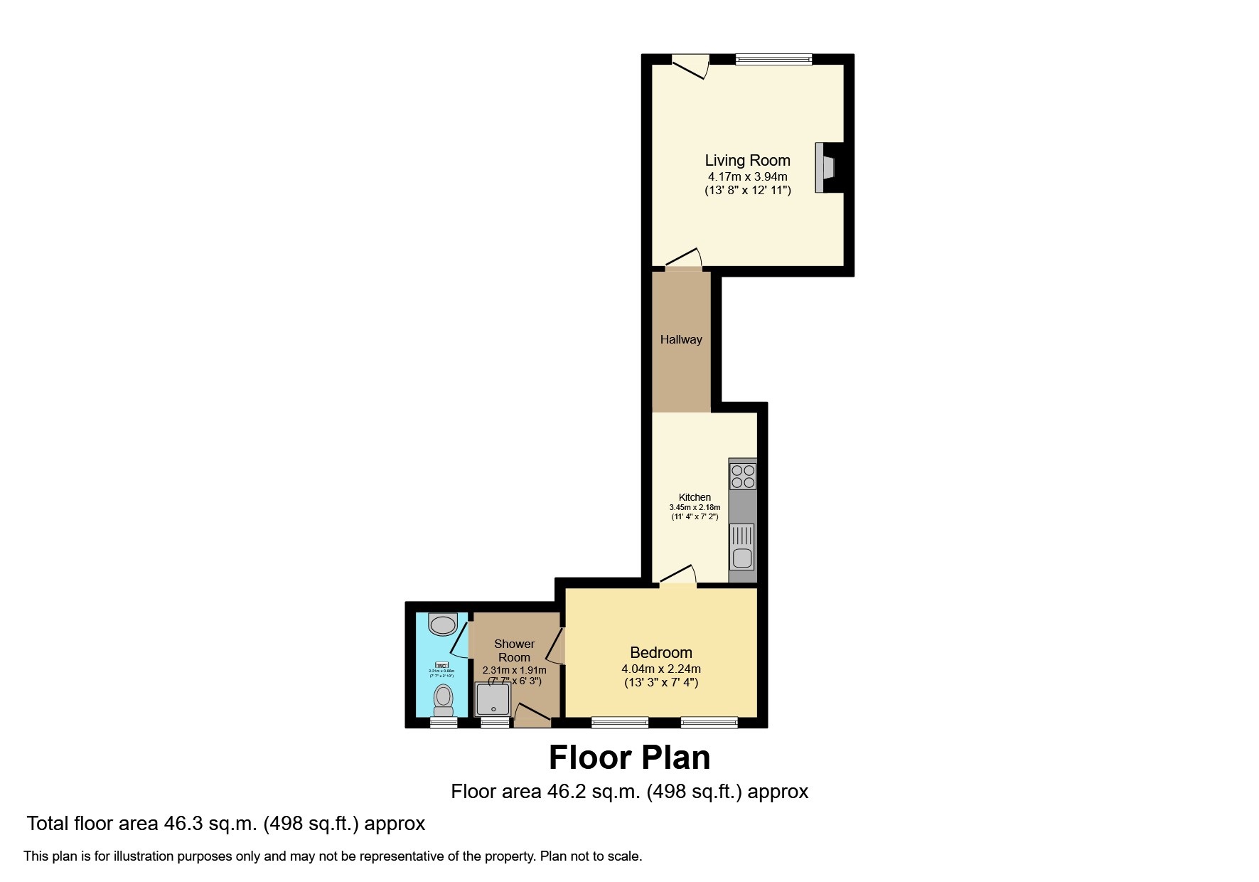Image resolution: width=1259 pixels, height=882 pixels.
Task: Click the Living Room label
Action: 747,160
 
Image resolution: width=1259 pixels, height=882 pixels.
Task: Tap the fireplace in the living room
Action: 827,168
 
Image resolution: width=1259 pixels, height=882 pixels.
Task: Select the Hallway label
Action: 680,339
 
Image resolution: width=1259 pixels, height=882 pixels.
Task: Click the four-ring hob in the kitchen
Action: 742,476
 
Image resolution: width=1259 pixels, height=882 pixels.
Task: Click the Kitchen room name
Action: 695,497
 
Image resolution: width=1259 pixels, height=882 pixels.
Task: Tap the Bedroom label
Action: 660,652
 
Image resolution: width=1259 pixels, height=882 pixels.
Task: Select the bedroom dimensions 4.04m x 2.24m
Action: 660,669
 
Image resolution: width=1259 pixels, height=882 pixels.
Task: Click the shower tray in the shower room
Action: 493,699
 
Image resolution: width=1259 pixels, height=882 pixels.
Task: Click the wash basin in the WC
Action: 443,625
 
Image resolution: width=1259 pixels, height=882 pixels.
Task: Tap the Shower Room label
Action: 514,650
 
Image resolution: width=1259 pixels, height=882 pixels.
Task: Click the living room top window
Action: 773,60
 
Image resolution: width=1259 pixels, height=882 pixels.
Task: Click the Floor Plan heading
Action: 629,758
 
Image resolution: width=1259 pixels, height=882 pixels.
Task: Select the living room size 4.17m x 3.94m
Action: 746,176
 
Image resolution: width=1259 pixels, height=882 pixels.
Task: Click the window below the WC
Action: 444,723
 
